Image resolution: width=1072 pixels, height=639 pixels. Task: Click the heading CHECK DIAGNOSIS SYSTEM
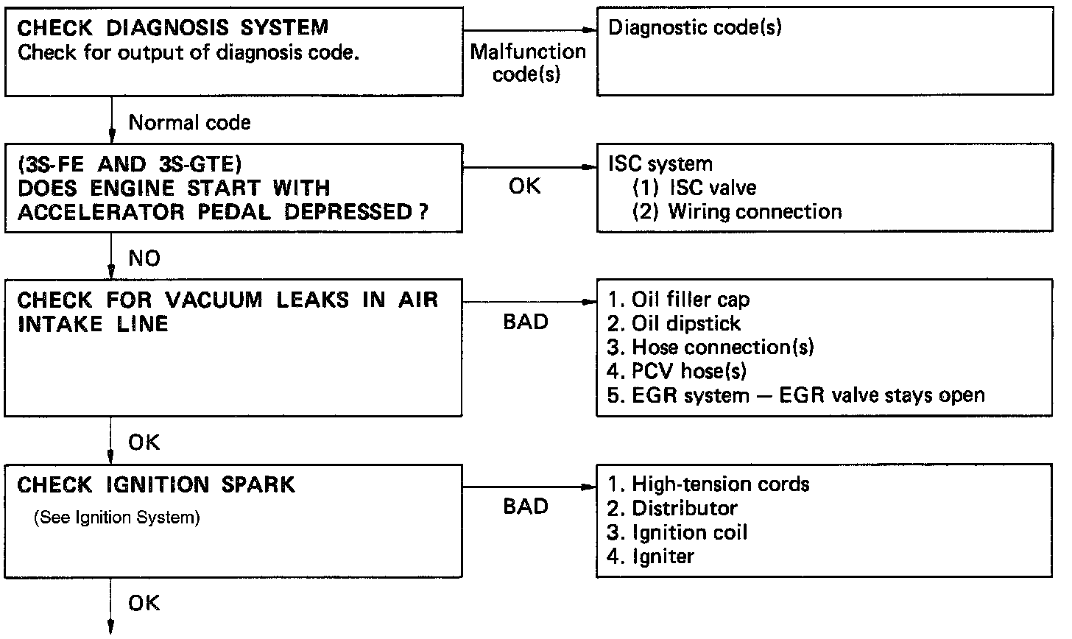point(172,29)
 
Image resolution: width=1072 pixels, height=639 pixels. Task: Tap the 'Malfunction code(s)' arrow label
point(527,63)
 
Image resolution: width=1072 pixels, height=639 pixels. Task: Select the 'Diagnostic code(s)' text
point(695,29)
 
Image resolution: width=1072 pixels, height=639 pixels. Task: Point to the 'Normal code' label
point(189,122)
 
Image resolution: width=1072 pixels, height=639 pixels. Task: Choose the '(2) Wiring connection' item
point(737,212)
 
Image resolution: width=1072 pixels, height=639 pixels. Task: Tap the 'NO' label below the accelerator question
point(144,258)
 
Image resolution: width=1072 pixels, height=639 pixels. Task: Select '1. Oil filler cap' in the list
point(678,300)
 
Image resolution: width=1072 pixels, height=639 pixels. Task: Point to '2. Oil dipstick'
point(674,324)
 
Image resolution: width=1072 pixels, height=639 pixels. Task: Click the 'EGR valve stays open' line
point(796,395)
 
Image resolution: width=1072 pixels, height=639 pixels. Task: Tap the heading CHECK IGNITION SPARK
point(155,485)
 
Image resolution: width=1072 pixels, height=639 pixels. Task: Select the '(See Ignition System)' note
point(117,518)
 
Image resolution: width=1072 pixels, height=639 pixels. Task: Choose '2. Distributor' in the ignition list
point(672,509)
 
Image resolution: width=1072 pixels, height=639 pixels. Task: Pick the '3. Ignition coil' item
point(677,532)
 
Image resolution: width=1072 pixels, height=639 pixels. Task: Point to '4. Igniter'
point(651,556)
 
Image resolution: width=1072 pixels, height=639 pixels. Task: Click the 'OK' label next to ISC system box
point(525,187)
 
